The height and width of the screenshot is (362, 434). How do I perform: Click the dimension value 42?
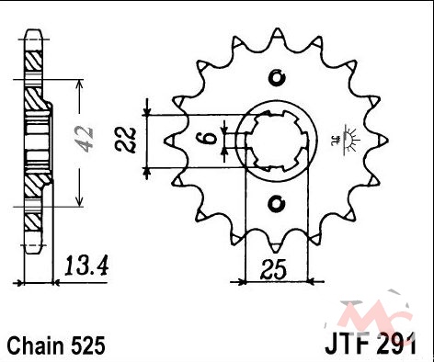[x=84, y=139]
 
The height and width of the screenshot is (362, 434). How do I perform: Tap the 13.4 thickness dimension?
[x=86, y=266]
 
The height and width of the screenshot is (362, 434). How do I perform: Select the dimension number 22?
[x=125, y=140]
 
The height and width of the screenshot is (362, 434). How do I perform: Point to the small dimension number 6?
[x=209, y=139]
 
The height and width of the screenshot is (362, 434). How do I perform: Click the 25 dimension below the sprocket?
[x=273, y=270]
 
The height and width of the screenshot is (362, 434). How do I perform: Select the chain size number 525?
[x=88, y=345]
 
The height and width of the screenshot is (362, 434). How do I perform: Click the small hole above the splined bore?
[x=277, y=77]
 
